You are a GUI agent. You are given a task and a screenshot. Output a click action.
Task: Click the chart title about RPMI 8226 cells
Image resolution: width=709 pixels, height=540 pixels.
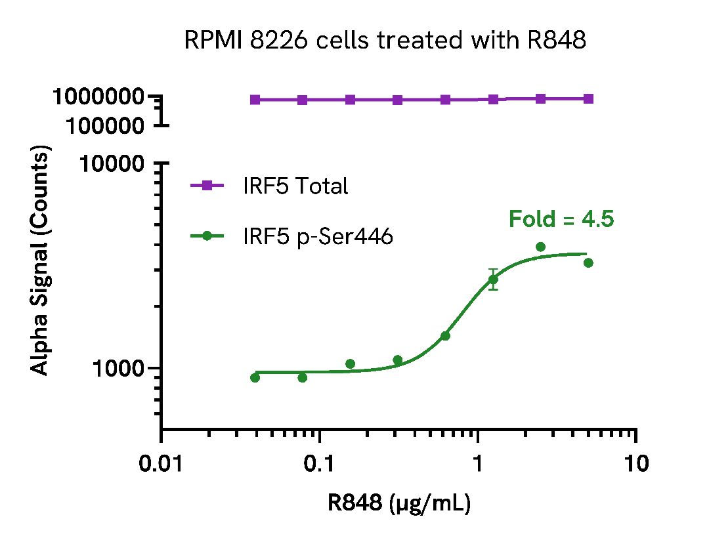click(x=385, y=41)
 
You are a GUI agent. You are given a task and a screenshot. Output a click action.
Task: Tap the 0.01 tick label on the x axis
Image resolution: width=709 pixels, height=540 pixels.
click(x=161, y=463)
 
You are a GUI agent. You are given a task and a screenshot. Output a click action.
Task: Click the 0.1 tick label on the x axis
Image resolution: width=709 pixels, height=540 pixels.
click(x=320, y=463)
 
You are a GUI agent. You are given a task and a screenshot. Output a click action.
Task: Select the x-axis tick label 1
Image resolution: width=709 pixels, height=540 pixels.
click(x=478, y=463)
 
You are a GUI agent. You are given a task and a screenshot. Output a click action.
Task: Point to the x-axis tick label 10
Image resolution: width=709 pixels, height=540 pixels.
click(x=635, y=463)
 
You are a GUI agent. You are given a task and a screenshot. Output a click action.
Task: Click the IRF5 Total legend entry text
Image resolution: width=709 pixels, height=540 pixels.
click(x=295, y=186)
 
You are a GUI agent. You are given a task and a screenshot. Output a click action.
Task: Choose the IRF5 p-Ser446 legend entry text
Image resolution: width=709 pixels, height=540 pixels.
click(x=318, y=236)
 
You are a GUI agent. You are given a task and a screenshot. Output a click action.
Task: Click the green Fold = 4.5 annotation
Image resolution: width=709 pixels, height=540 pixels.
click(x=561, y=219)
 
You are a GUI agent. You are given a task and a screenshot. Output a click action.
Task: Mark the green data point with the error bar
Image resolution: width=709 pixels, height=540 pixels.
click(x=493, y=280)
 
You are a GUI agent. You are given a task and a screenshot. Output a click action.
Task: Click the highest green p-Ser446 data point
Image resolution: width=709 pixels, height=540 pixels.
click(x=540, y=247)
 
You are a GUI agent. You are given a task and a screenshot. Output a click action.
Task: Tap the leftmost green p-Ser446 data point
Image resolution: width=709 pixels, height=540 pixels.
click(x=255, y=377)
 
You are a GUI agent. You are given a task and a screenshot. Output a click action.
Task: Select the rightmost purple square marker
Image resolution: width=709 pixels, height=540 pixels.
click(x=588, y=98)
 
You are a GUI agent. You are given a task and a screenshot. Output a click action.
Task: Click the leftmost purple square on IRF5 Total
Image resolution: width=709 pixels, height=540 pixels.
click(x=255, y=100)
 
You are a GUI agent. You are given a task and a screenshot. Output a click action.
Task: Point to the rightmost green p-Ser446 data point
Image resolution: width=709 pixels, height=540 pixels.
click(x=588, y=263)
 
